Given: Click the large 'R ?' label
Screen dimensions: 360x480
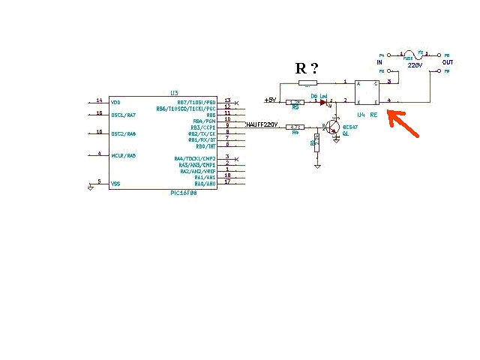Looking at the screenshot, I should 307,68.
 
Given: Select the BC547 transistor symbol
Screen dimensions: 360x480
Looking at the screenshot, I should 334,127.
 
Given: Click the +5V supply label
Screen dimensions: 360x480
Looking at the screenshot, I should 270,100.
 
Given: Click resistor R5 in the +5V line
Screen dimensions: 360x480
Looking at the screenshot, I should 295,101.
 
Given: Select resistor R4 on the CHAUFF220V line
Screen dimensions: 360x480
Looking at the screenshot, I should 295,127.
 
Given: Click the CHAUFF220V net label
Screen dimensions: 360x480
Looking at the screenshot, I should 262,124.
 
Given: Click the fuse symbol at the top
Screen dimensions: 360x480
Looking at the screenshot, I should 414,54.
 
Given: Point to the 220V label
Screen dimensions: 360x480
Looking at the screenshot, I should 415,65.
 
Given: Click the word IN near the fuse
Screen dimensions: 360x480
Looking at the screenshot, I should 379,62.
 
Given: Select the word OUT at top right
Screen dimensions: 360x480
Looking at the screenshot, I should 448,62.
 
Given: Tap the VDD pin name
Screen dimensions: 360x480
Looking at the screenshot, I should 115,102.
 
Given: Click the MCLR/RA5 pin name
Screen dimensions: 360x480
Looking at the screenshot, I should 123,155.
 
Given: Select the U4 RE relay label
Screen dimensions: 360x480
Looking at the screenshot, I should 367,115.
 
